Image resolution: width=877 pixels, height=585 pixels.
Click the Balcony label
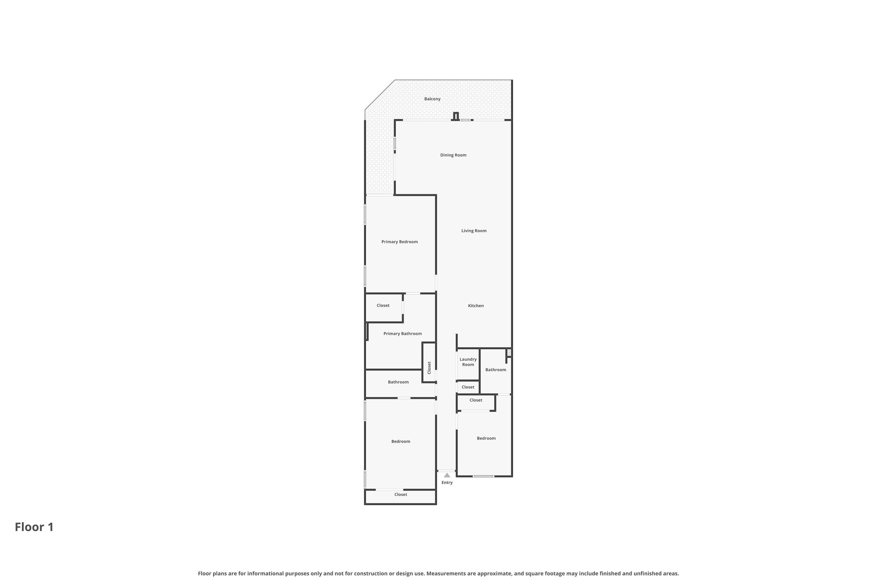pos(432,99)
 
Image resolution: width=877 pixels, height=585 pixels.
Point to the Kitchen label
pos(476,306)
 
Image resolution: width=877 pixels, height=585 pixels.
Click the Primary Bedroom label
pos(399,242)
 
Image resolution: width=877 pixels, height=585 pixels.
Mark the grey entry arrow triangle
pos(447,475)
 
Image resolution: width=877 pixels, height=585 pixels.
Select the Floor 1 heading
pos(34,527)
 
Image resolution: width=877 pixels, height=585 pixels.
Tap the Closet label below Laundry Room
pos(468,387)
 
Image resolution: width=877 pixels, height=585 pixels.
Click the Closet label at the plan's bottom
pos(400,495)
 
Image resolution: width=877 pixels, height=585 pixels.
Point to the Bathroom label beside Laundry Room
pos(496,370)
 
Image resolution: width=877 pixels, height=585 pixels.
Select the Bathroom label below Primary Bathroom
pos(398,382)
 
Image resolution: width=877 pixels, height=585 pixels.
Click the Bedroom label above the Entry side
pos(486,438)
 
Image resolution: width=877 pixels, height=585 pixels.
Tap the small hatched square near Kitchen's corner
pos(509,352)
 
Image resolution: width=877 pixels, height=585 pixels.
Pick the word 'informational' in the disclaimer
pos(267,573)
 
